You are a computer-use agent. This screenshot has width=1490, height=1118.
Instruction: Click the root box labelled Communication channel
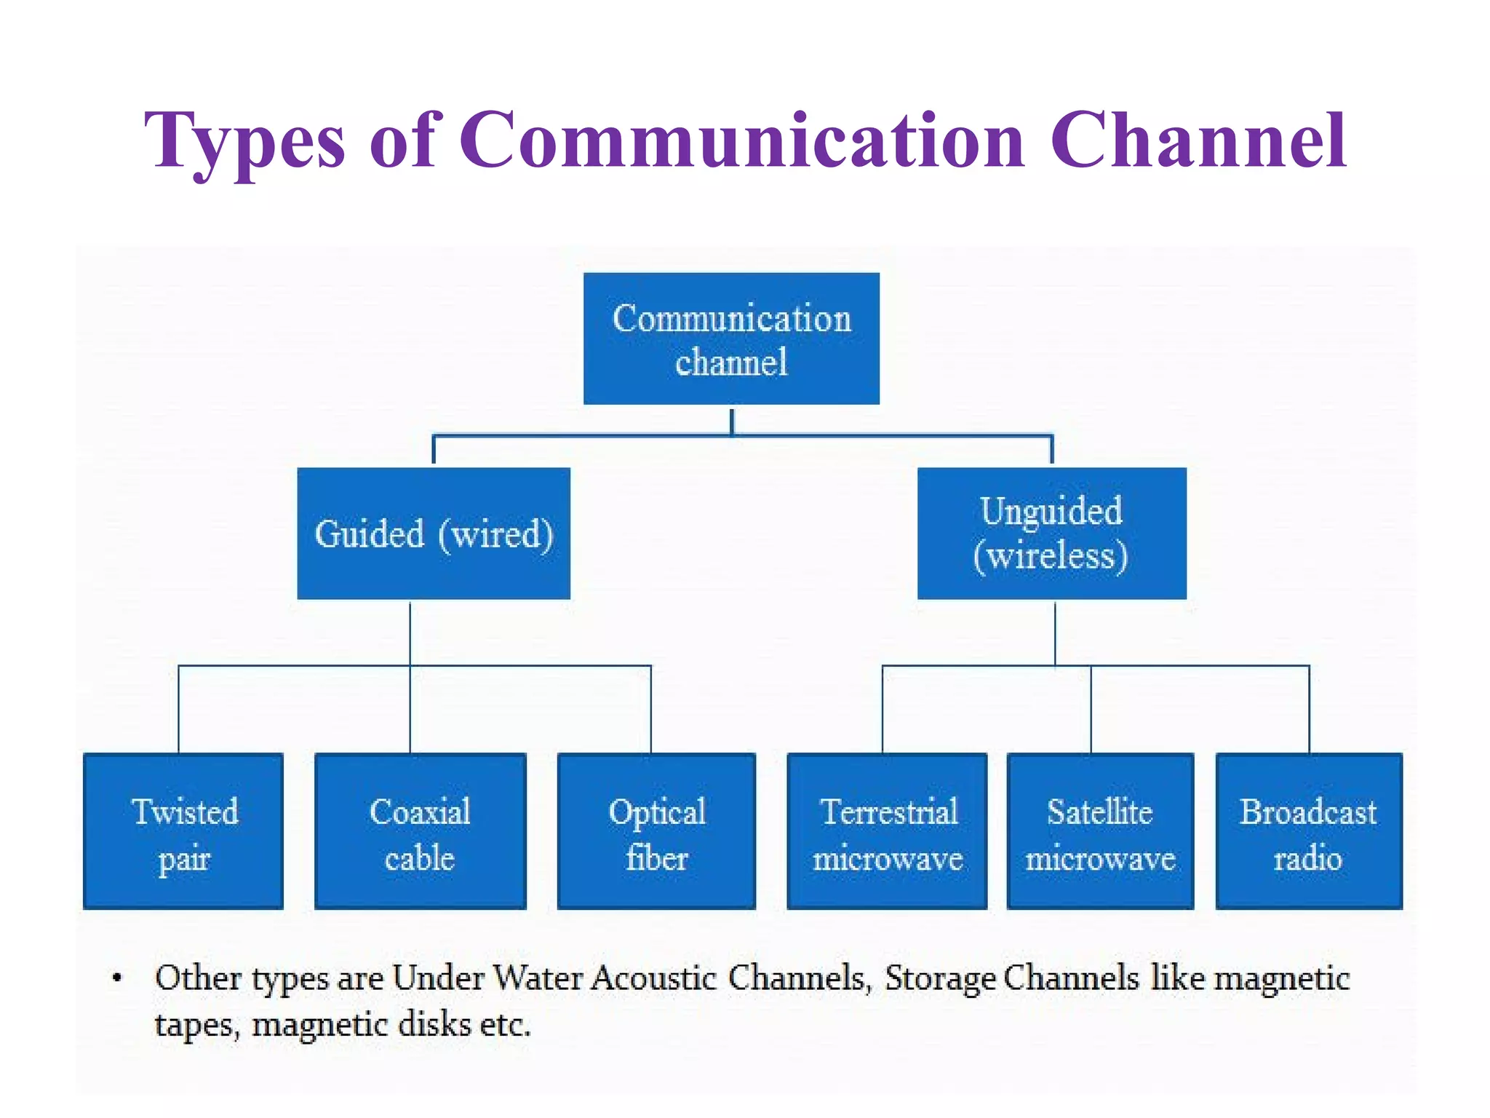[x=731, y=338]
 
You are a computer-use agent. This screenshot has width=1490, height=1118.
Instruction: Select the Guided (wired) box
[x=434, y=534]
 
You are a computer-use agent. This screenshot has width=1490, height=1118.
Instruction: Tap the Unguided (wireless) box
[x=1051, y=534]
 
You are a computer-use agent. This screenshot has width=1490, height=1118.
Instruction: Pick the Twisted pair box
[x=183, y=831]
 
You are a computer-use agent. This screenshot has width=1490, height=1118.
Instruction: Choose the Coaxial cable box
[x=420, y=831]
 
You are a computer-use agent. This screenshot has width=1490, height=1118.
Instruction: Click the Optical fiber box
[x=656, y=831]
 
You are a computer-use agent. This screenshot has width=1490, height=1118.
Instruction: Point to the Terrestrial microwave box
[x=887, y=831]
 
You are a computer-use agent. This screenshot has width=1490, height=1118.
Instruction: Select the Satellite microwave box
[x=1100, y=831]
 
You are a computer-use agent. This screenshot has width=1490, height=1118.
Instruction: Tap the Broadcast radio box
[x=1309, y=831]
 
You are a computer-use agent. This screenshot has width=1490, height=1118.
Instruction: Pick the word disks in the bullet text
[x=435, y=1025]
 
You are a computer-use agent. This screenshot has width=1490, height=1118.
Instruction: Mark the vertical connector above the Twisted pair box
[x=179, y=710]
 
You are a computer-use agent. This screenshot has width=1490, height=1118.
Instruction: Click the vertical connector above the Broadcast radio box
[x=1310, y=710]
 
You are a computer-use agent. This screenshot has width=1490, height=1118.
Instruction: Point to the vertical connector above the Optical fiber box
[x=651, y=710]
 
